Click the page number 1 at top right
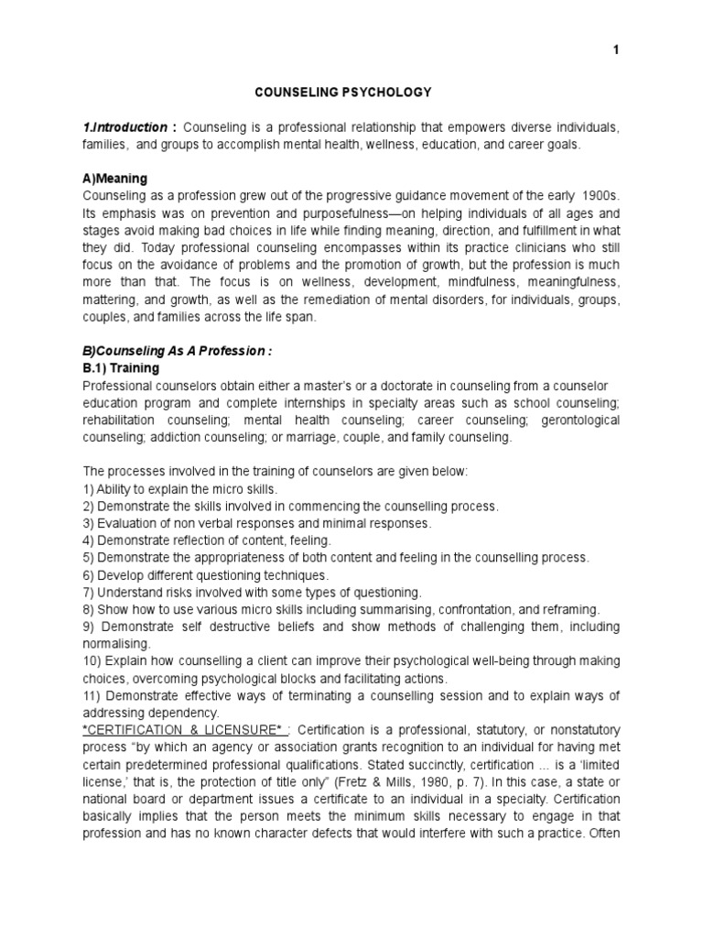click(x=616, y=50)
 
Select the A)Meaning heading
click(x=114, y=179)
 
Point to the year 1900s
click(x=594, y=196)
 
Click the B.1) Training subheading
click(x=121, y=368)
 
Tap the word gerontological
click(x=576, y=420)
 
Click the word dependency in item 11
click(x=186, y=713)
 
